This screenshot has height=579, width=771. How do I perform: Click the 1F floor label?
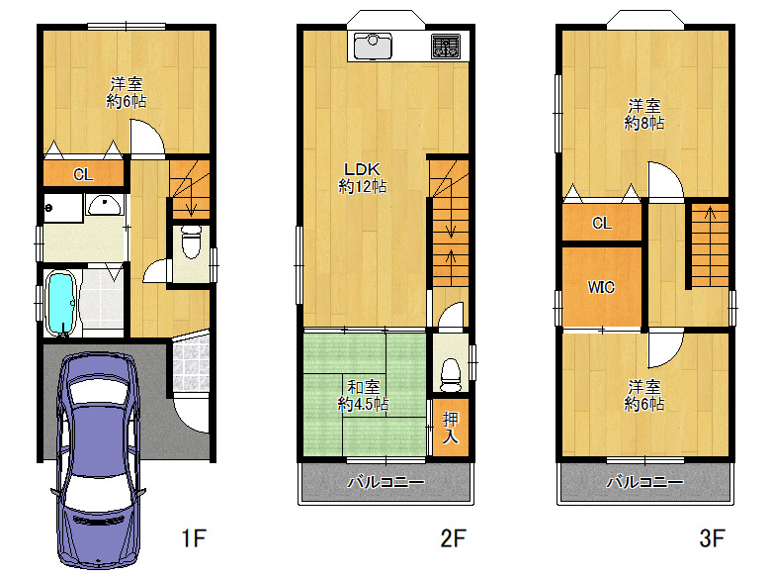pos(193,537)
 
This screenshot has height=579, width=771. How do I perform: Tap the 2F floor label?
pos(453,537)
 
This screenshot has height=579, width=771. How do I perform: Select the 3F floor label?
pos(712,537)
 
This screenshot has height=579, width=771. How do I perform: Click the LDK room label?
pos(362,169)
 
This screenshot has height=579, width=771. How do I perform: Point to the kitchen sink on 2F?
pos(373,46)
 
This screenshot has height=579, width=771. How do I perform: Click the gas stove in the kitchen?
pos(446,47)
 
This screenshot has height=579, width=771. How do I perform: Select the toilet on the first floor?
pos(192,241)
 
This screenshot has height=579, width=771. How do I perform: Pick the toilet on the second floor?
pos(451,375)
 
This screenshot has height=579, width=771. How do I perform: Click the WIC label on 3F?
pos(601,287)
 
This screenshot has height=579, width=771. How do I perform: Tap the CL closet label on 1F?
pos(83,174)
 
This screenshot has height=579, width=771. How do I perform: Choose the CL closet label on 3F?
pos(602,223)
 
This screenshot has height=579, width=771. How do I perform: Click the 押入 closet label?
pos(451,428)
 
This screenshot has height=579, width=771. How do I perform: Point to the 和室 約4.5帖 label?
pos(363,395)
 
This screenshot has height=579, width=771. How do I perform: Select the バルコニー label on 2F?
pos(385,482)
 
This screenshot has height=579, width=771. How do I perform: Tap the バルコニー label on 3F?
pos(644,482)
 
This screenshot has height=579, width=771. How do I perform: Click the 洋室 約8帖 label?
pos(644,114)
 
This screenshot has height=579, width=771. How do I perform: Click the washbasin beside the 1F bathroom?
pos(104,205)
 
